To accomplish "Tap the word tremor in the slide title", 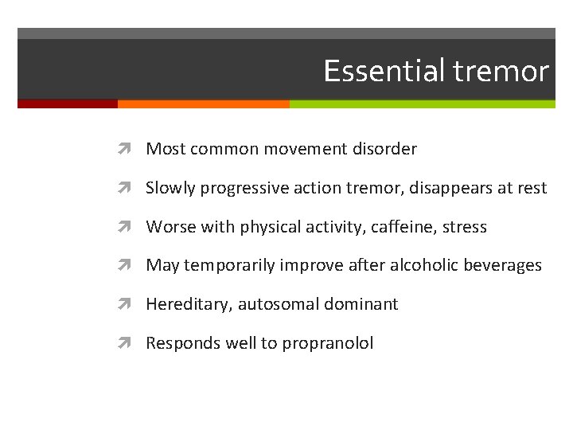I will coord(501,72).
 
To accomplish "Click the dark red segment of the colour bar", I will coord(68,104).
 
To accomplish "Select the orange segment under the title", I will coord(203,104).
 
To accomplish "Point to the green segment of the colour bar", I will coord(422,104).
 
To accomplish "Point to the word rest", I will coord(532,188).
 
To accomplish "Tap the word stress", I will coord(464,227).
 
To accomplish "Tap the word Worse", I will coord(167,227).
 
